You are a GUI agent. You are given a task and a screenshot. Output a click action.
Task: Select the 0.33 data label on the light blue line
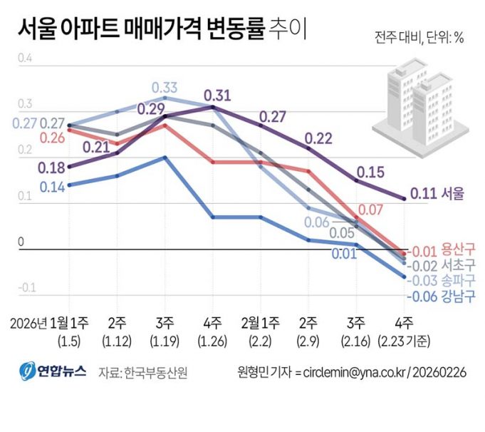click(x=165, y=88)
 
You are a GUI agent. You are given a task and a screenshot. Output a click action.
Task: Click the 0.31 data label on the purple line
click(x=217, y=96)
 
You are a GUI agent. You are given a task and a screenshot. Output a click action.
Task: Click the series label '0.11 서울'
click(x=435, y=193)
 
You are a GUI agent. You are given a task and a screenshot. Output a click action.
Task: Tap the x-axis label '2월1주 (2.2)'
click(x=261, y=329)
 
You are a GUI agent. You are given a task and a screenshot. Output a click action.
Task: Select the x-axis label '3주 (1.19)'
click(x=165, y=329)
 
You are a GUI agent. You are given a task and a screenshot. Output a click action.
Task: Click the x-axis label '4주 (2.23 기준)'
click(x=405, y=329)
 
